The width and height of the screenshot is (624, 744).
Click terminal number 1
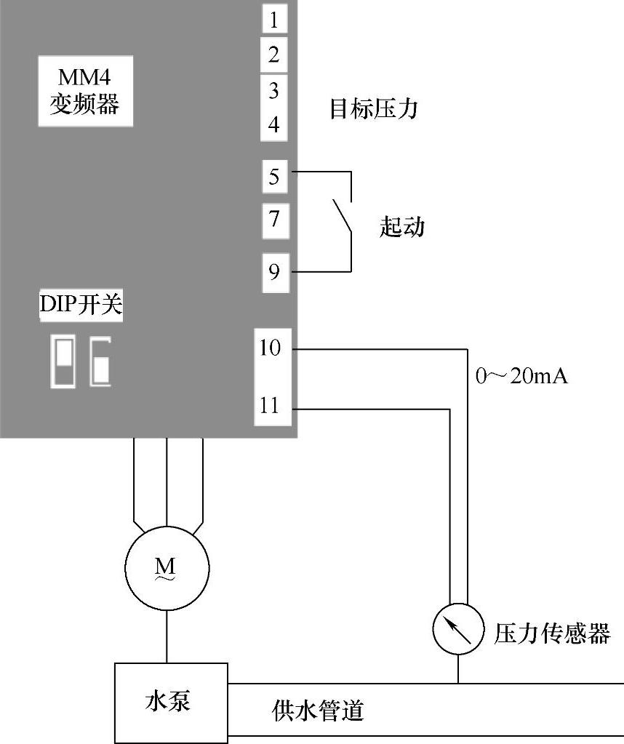(x=274, y=20)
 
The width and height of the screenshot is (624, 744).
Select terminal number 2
(x=274, y=55)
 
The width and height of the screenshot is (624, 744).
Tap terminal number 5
(x=274, y=177)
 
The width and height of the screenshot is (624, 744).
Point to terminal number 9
(x=274, y=272)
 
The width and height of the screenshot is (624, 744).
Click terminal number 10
(x=271, y=348)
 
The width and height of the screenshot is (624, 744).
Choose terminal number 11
(x=270, y=406)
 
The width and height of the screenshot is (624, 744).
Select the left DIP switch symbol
(x=63, y=361)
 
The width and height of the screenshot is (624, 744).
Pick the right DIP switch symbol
(x=100, y=361)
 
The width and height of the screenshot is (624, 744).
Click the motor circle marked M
(x=167, y=568)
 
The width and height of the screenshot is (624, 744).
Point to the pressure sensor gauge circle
(x=458, y=630)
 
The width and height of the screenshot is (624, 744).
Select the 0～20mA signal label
(x=521, y=376)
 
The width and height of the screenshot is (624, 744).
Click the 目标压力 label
(x=374, y=110)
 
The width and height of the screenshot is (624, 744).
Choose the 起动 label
(x=401, y=227)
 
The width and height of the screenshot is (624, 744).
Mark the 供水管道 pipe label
(x=318, y=711)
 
